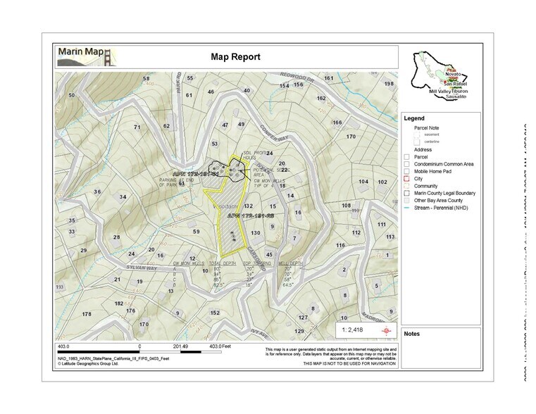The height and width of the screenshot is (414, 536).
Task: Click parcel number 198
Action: click(389, 84)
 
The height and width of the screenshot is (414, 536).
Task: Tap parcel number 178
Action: click(87, 314)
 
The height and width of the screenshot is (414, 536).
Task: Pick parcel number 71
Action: click(138, 127)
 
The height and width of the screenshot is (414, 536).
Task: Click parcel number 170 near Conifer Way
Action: click(351, 137)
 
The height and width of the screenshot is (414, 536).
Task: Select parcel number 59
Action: click(197, 232)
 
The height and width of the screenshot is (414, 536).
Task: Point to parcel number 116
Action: click(341, 245)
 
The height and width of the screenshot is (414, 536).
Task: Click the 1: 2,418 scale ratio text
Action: click(352, 330)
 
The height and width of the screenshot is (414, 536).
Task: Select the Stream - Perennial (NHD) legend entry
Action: click(442, 208)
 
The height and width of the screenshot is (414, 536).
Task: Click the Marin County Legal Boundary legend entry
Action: click(444, 193)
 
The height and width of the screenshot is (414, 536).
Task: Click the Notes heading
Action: click(411, 333)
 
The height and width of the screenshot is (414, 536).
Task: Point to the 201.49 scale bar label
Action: click(181, 346)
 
